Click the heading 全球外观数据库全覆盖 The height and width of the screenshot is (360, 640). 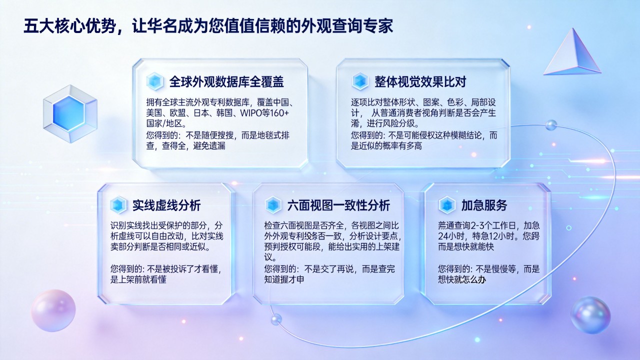point(226,81)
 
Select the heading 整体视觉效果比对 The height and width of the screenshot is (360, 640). point(420,81)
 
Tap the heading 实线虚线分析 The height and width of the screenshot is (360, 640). point(166,205)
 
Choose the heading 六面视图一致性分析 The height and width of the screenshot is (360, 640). point(338,205)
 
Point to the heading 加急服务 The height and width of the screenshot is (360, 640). point(484,205)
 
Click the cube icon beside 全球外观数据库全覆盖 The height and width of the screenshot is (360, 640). point(155,81)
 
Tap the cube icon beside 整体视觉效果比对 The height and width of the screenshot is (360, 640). point(360,81)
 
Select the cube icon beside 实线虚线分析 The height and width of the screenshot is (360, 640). point(118,205)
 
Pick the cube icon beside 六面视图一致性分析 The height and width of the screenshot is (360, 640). point(273,205)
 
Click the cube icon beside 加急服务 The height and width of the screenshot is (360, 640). point(447,205)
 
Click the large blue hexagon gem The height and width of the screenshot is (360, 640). point(70,113)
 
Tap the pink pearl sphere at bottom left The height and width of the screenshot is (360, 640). point(53,310)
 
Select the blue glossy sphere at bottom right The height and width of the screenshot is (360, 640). point(590,315)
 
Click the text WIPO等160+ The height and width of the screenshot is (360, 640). point(264,113)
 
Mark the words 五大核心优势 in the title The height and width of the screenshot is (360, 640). point(69,26)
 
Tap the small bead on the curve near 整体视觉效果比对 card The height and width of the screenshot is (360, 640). point(551,125)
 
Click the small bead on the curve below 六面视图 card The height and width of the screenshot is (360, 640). point(276,319)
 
